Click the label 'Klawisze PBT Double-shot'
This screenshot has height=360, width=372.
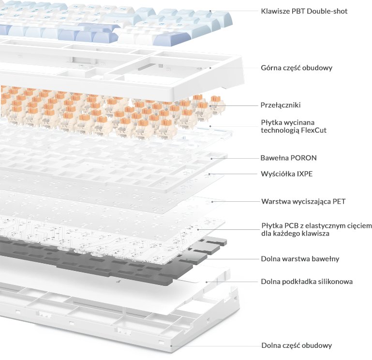click(x=304, y=11)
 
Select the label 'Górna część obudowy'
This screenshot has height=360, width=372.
click(x=297, y=68)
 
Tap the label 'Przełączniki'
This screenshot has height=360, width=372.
click(x=281, y=105)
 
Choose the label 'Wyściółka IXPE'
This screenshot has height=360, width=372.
click(x=286, y=174)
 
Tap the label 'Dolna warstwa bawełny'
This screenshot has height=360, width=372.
click(x=300, y=259)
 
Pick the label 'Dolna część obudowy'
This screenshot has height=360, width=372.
click(x=297, y=345)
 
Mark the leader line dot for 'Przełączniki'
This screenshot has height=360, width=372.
click(x=210, y=106)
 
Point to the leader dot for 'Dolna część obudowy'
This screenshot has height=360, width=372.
click(x=171, y=346)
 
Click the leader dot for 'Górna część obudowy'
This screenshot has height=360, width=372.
click(x=210, y=68)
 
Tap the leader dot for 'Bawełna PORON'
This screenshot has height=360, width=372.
click(x=211, y=158)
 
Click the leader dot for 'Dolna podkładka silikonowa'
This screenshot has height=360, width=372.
click(x=207, y=282)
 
